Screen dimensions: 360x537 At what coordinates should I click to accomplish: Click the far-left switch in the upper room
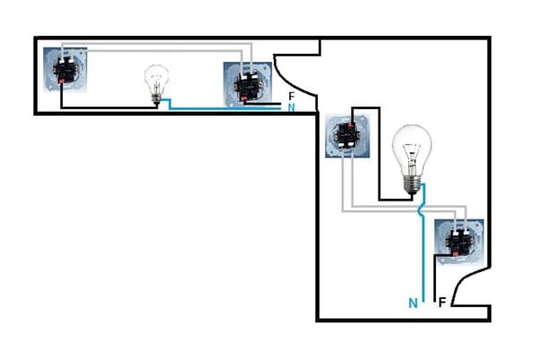click(x=67, y=71)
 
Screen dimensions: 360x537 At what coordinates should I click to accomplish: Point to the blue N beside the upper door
click(x=291, y=107)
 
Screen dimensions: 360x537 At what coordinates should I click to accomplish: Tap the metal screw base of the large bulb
click(x=412, y=183)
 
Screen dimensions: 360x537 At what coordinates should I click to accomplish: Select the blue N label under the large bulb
click(x=413, y=304)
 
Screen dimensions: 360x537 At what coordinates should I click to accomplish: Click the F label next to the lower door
click(x=442, y=304)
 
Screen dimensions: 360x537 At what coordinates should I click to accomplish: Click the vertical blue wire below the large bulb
click(x=422, y=260)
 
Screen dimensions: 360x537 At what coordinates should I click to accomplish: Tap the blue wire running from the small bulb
click(x=224, y=109)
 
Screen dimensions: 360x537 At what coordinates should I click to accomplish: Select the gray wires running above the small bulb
click(x=157, y=48)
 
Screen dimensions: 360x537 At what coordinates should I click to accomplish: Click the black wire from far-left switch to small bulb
click(x=107, y=107)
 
